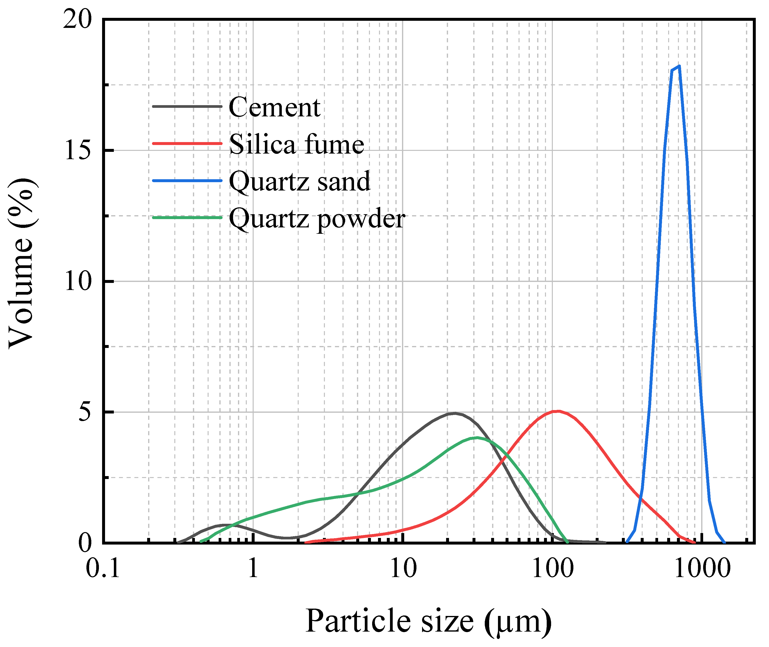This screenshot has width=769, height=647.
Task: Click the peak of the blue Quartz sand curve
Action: [x=679, y=67]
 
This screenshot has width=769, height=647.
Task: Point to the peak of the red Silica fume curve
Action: [x=558, y=411]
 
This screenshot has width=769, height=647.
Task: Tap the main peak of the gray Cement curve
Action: [x=455, y=413]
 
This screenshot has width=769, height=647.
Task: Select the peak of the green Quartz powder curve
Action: [x=476, y=438]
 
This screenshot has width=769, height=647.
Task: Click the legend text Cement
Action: [x=274, y=108]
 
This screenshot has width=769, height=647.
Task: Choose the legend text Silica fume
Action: [x=296, y=144]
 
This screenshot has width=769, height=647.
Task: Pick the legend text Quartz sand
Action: [x=300, y=181]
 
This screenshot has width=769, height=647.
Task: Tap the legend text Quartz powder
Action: [x=317, y=219]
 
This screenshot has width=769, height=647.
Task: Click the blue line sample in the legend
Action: [x=187, y=180]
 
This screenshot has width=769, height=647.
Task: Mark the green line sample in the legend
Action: [x=187, y=218]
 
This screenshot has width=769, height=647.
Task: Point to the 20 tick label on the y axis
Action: [x=77, y=19]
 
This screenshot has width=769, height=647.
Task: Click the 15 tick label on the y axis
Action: [x=77, y=150]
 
